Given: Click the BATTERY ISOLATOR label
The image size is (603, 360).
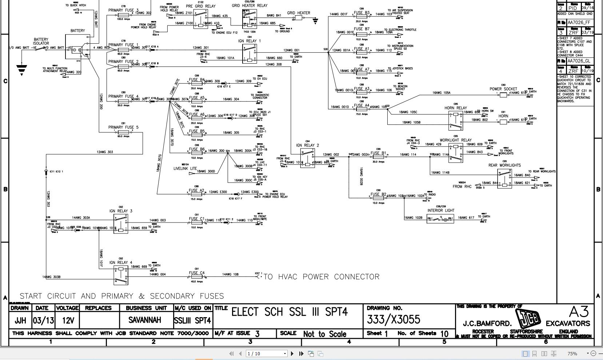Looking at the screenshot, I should click(x=41, y=41).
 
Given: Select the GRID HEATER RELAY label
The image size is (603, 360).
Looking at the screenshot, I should click(x=249, y=5).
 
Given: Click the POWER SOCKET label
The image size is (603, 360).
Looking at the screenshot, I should click(x=503, y=89).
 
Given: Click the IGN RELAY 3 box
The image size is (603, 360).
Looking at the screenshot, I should click(x=121, y=224).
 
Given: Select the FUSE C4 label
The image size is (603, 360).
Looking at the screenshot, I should click(x=196, y=273).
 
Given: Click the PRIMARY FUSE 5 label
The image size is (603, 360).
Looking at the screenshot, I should click(x=123, y=127).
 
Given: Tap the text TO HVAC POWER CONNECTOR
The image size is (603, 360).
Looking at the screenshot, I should click(x=322, y=277).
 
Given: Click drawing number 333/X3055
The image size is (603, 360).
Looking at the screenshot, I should click(x=394, y=320).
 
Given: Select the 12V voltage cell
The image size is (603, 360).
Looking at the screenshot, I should click(x=68, y=320).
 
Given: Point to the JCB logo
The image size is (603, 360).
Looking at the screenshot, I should click(x=528, y=318).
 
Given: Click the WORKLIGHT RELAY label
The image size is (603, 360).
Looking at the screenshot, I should click(x=455, y=140).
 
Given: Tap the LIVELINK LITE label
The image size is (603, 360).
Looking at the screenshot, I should click(x=185, y=169).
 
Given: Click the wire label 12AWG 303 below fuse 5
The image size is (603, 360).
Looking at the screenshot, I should click(x=105, y=152).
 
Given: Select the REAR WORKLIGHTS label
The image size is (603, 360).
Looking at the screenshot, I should click(x=504, y=165).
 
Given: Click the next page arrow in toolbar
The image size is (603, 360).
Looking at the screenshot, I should click(x=292, y=353).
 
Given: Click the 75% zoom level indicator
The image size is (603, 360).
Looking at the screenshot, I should click(x=572, y=353).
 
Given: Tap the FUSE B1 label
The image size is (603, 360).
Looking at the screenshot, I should click(x=378, y=153).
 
